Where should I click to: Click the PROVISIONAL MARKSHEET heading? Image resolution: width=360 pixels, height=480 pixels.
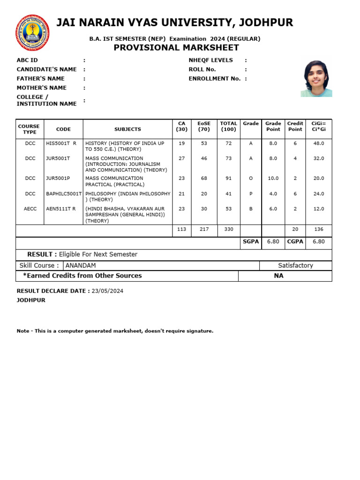pyautogui.click(x=176, y=48)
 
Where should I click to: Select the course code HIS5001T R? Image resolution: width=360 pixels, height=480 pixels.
pyautogui.click(x=61, y=143)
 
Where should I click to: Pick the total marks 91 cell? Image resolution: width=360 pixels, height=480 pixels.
pyautogui.click(x=228, y=178)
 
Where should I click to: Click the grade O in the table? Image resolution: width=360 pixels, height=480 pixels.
pyautogui.click(x=251, y=178)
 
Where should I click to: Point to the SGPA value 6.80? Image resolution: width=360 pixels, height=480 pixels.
pyautogui.click(x=273, y=241)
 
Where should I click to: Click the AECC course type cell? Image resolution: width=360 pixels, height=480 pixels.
pyautogui.click(x=30, y=209)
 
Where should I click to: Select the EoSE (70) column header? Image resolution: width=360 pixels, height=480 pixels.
pyautogui.click(x=204, y=126)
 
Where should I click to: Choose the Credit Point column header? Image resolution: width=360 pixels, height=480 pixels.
pyautogui.click(x=295, y=126)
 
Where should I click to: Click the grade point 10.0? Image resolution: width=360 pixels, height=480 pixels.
pyautogui.click(x=273, y=178)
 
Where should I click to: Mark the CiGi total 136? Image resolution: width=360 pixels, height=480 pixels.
pyautogui.click(x=318, y=229)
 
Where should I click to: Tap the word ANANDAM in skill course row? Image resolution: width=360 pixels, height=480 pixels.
pyautogui.click(x=81, y=265)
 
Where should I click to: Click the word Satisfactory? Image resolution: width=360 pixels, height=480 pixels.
pyautogui.click(x=295, y=265)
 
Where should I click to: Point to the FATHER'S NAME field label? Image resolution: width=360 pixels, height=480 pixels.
pyautogui.click(x=41, y=78)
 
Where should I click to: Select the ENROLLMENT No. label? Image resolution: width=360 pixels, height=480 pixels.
pyautogui.click(x=215, y=78)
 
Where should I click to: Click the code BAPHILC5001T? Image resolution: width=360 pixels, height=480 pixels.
pyautogui.click(x=64, y=194)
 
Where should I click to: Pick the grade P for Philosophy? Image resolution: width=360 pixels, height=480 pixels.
pyautogui.click(x=251, y=194)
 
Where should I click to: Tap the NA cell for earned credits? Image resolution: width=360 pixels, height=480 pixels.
pyautogui.click(x=278, y=276)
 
